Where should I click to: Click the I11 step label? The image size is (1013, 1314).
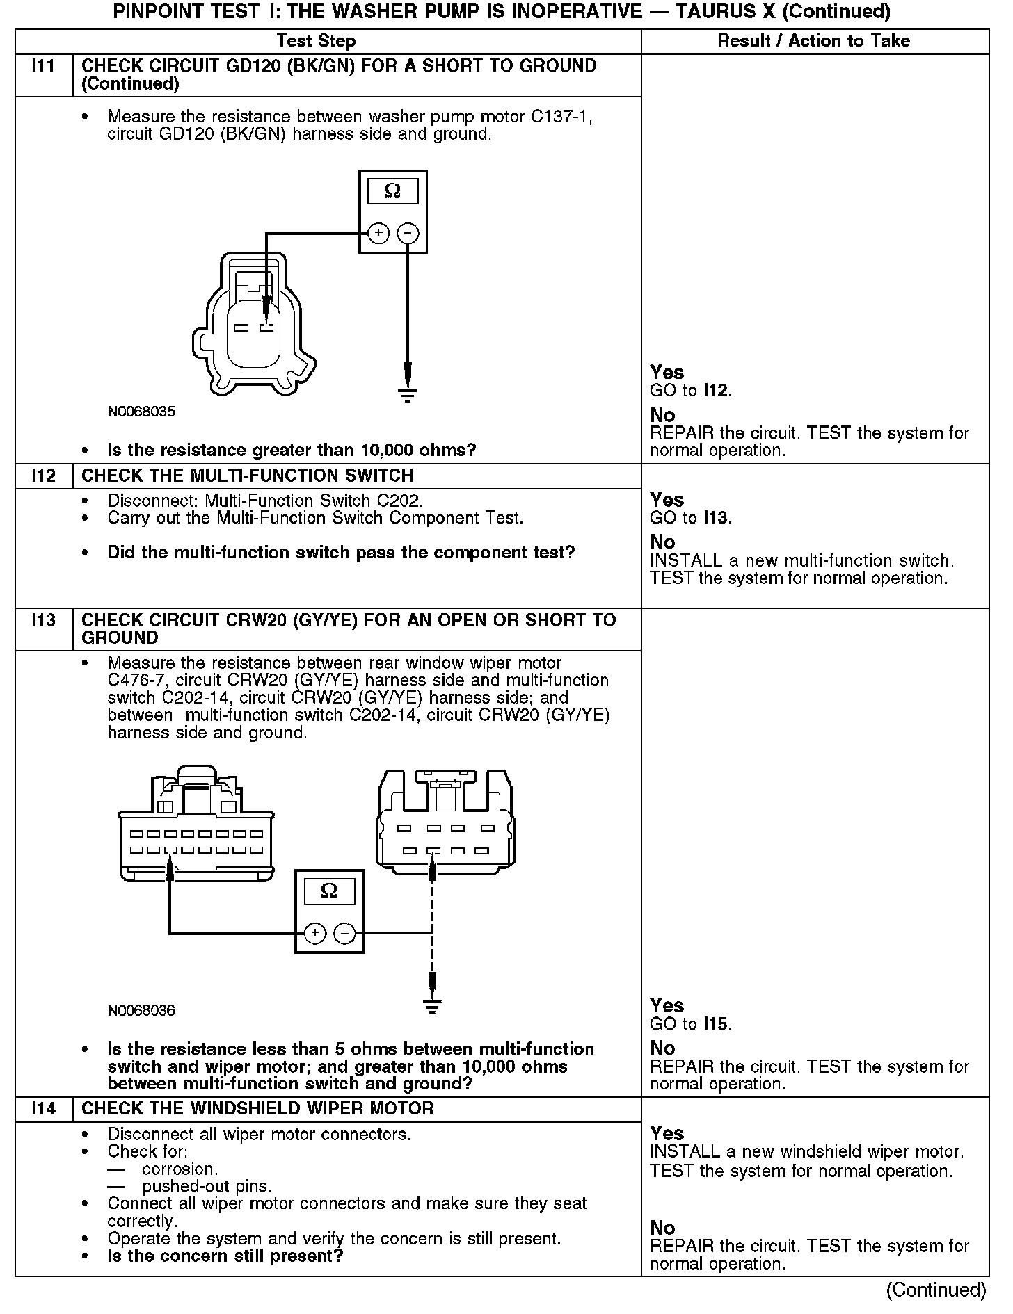43,67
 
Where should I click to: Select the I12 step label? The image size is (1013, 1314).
43,476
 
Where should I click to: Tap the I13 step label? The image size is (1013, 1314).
43,620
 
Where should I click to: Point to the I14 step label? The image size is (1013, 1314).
43,1108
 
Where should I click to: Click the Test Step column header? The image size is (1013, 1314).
316,41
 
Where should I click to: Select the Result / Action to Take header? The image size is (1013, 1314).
813,41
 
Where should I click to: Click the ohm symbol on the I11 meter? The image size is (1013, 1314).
392,191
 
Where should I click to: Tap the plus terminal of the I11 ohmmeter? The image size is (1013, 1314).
378,233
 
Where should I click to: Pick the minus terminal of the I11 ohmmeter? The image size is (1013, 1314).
408,233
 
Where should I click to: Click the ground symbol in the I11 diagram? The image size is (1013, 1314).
408,396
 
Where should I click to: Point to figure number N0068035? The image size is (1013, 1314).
141,412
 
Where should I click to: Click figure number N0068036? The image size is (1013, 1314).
141,1011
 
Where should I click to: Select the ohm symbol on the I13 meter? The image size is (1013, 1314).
329,891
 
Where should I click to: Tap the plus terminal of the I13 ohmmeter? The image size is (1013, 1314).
314,933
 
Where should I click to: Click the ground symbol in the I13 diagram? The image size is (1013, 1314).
432,1007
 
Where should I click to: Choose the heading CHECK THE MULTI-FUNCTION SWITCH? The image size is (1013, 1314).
248,476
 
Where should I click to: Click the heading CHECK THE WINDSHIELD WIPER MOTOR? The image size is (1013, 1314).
257,1108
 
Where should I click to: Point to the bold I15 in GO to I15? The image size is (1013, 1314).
717,1023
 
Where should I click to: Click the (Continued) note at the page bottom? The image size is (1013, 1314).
935,1290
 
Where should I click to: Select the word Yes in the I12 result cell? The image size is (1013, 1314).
667,500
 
